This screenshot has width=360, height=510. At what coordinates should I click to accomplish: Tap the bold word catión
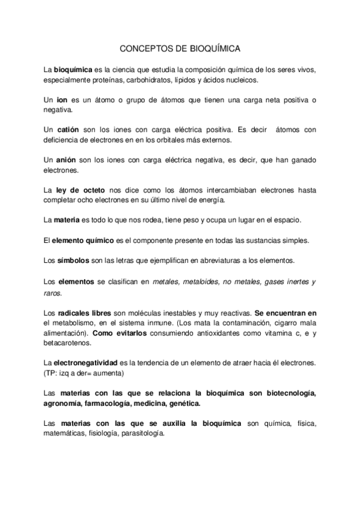[69, 129]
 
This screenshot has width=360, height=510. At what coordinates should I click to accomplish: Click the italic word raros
[52, 293]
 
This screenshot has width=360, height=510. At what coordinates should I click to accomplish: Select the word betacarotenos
[68, 343]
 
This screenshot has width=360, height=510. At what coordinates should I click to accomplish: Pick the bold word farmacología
[124, 404]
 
